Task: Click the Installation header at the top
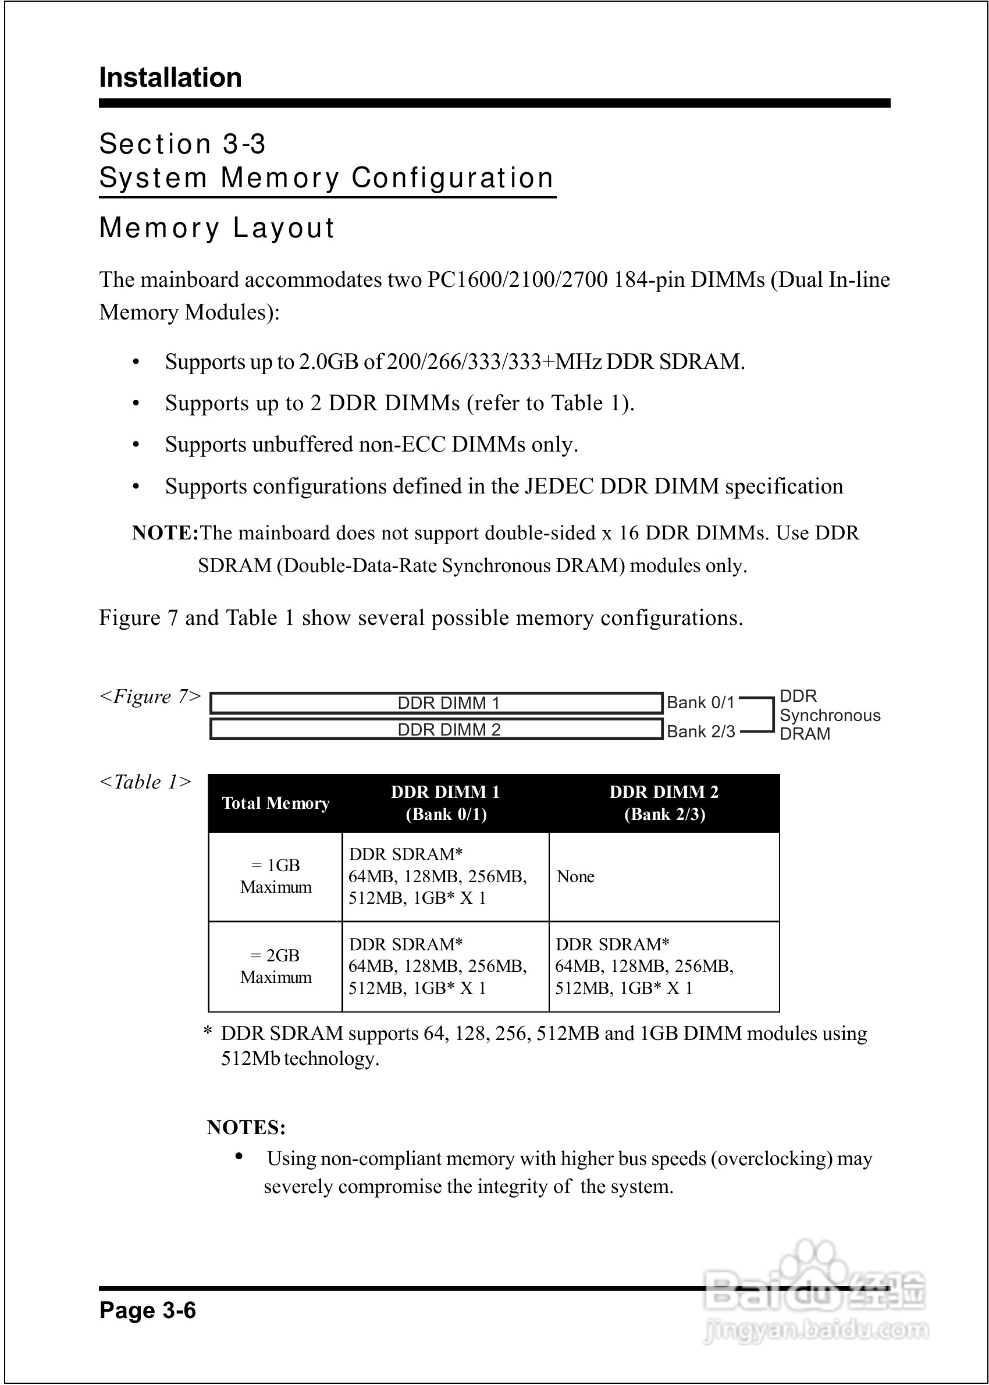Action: coord(170,78)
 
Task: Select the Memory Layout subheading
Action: coord(217,228)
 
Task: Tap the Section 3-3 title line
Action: coord(183,144)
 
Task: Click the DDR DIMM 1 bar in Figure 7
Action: coord(436,703)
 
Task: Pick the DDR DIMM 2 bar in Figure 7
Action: coord(436,730)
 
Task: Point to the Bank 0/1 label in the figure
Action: coord(701,703)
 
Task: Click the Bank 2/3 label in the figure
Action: coord(701,731)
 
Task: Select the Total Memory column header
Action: coord(276,803)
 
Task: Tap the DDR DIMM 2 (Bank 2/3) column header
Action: coord(664,803)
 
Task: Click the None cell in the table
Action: coord(575,876)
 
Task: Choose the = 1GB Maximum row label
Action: coord(276,876)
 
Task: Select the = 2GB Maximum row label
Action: coord(276,966)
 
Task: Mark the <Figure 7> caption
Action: coord(150,696)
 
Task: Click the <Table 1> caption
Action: coord(145,782)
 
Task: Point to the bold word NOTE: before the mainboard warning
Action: coord(165,533)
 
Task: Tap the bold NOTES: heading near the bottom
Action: coord(246,1127)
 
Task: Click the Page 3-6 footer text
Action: coord(147,1310)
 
